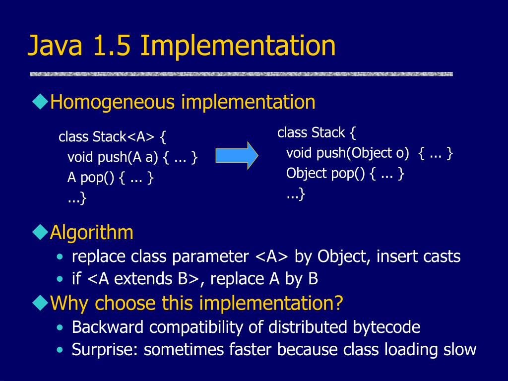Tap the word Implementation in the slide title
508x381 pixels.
pos(238,46)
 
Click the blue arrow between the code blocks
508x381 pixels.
pos(237,155)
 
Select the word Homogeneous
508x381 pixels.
pos(113,102)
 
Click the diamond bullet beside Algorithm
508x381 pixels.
pos(40,232)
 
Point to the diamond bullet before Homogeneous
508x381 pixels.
pos(40,102)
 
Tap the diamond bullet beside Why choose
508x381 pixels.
pos(40,302)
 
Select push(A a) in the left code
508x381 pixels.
pos(127,158)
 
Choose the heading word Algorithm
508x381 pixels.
pos(92,232)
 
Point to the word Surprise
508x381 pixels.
pos(105,349)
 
